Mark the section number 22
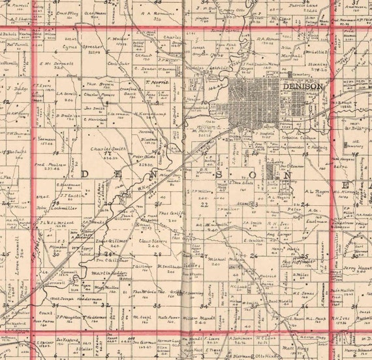pos(204,205)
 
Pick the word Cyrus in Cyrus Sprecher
pos(70,47)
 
